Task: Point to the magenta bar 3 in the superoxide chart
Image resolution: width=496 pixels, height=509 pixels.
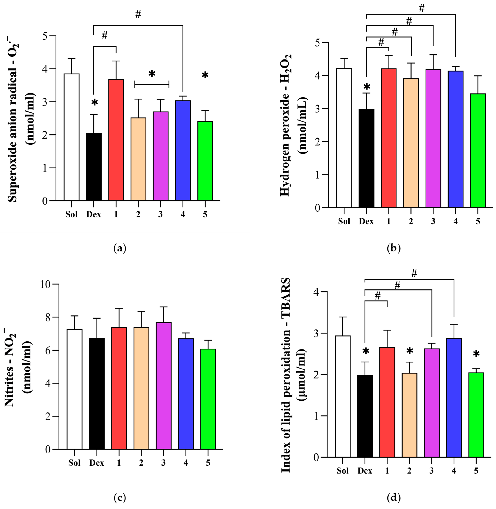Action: click(161, 156)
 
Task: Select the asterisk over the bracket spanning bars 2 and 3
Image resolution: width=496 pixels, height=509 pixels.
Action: click(152, 74)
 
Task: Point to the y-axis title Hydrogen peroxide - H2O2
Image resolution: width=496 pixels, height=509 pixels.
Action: click(286, 125)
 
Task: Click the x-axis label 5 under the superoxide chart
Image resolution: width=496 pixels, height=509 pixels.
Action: click(205, 214)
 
